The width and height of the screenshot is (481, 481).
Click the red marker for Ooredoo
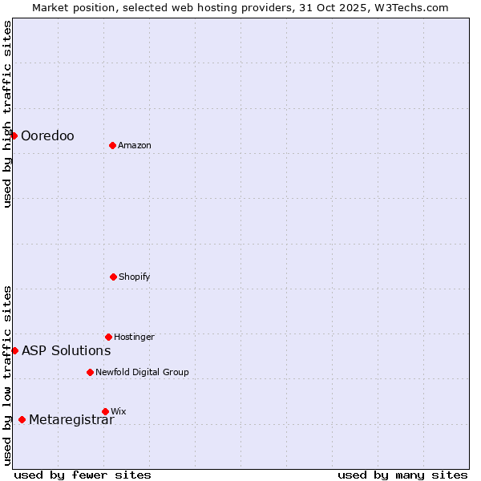click(x=14, y=135)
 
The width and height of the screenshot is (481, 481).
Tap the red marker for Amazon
click(x=112, y=145)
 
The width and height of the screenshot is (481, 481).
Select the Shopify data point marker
click(x=113, y=277)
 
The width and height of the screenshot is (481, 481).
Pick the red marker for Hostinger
click(x=108, y=337)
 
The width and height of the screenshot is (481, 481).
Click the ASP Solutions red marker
click(x=14, y=350)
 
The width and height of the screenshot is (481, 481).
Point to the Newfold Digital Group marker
click(x=90, y=372)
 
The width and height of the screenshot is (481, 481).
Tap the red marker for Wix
click(x=105, y=411)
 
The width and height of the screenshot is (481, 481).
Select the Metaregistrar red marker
click(x=22, y=419)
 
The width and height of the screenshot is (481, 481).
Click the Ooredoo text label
click(x=47, y=136)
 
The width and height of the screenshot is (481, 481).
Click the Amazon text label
click(x=135, y=146)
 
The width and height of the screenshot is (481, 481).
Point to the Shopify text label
click(x=134, y=277)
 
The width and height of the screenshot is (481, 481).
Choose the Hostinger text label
click(x=134, y=338)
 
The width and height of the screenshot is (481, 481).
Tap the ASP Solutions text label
click(x=66, y=351)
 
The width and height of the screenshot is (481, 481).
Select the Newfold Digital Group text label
click(x=142, y=373)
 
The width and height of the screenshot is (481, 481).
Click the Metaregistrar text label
click(x=71, y=420)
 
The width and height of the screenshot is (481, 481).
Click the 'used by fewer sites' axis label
click(x=83, y=475)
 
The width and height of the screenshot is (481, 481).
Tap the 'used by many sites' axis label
click(x=402, y=475)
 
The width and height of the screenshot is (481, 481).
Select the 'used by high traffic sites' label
click(x=7, y=114)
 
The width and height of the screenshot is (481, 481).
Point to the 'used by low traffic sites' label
click(x=7, y=375)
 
